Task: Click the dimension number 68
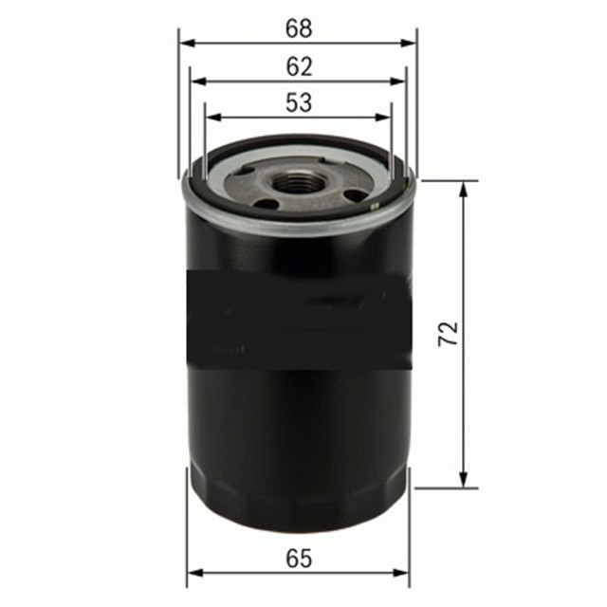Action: (x=299, y=29)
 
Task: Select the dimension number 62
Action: (x=299, y=67)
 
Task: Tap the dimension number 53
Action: (x=299, y=103)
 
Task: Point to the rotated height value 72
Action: (x=449, y=333)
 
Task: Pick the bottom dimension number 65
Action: (x=299, y=559)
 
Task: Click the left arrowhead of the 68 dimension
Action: (x=186, y=43)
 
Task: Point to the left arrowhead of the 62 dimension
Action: (x=196, y=82)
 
